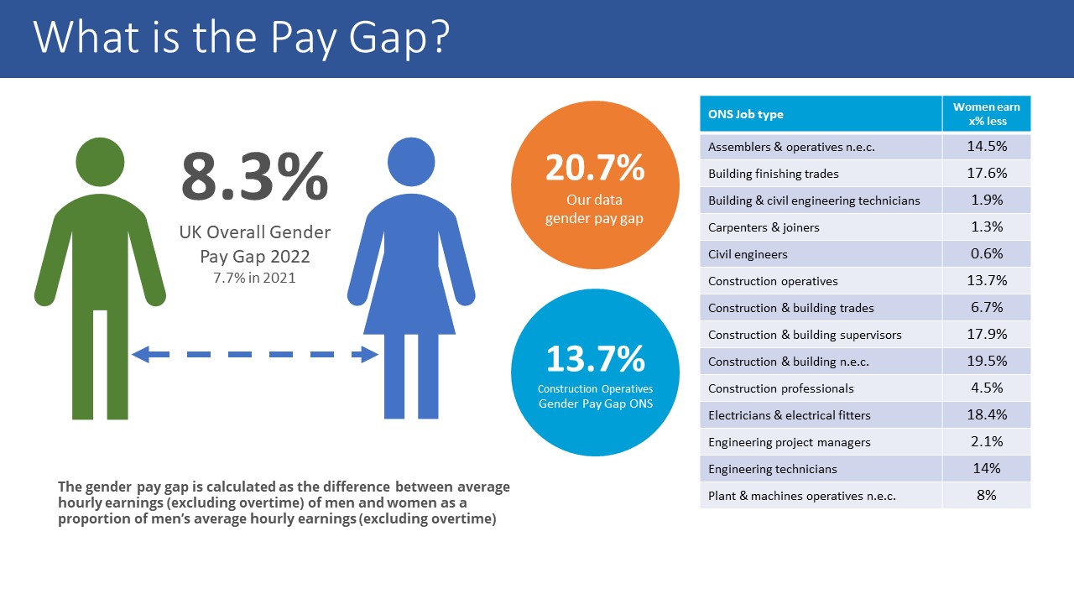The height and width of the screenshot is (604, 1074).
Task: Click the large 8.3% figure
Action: point(253,176)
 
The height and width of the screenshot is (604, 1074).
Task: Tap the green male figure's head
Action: point(100,161)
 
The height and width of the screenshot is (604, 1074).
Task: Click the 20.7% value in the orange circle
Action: point(595,169)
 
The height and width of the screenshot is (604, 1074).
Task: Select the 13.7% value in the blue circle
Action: point(595,359)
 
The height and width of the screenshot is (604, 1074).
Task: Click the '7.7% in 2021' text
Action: point(254,278)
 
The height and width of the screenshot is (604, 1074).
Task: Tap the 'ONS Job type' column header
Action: point(745,114)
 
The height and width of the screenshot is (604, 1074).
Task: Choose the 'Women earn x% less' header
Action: point(986,114)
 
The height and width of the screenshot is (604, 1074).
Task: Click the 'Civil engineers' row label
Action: point(748,254)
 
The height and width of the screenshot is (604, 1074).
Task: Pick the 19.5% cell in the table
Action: point(987,361)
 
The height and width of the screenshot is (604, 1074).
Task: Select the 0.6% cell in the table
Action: point(987,253)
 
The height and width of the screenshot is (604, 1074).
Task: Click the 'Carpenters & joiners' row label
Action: point(764,227)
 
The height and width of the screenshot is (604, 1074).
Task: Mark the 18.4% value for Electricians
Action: point(987,414)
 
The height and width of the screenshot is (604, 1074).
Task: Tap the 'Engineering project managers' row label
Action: point(789,442)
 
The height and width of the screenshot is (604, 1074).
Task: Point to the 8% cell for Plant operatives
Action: point(987,495)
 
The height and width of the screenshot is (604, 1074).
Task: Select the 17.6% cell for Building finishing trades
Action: point(987,173)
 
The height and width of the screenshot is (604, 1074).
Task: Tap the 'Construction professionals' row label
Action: point(780,388)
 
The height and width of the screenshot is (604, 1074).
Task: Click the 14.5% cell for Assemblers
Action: point(987,146)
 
